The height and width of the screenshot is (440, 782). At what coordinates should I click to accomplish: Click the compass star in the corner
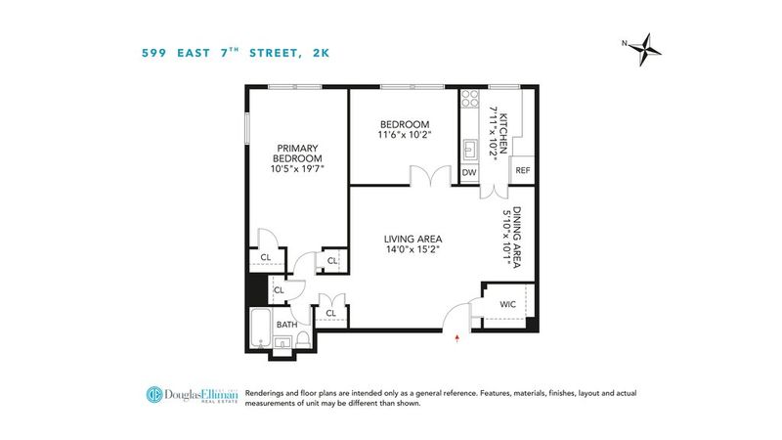[x=645, y=50]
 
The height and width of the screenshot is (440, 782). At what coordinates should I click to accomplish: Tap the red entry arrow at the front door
[x=456, y=338]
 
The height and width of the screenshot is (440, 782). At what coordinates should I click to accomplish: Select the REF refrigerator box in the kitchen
[x=523, y=170]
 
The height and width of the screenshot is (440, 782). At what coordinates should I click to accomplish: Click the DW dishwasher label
[x=469, y=173]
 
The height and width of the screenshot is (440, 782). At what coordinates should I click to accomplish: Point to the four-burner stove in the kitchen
[x=469, y=98]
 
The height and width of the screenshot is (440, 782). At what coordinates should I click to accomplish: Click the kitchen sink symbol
[x=470, y=150]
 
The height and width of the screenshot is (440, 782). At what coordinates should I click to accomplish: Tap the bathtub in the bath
[x=260, y=329]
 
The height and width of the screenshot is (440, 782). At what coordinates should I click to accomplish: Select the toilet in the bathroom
[x=303, y=339]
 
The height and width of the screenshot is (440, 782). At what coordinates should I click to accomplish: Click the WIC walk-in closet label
[x=507, y=304]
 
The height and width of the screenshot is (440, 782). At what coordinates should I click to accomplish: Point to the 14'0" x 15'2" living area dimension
[x=413, y=250]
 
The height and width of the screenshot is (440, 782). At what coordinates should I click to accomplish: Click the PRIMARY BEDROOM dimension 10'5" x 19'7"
[x=297, y=168]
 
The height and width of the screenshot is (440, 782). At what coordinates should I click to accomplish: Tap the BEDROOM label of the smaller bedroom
[x=405, y=124]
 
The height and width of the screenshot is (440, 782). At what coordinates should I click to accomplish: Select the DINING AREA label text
[x=517, y=238]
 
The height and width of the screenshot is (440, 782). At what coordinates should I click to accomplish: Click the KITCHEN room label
[x=503, y=134]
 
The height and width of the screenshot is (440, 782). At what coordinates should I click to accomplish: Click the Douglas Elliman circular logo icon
[x=154, y=394]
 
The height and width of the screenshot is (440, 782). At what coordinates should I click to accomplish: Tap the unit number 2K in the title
[x=321, y=54]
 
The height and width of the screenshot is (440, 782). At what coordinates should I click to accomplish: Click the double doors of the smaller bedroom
[x=430, y=176]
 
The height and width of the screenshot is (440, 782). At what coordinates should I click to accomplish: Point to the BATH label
[x=286, y=325]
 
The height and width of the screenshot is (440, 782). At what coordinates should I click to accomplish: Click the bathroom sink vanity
[x=282, y=342]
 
